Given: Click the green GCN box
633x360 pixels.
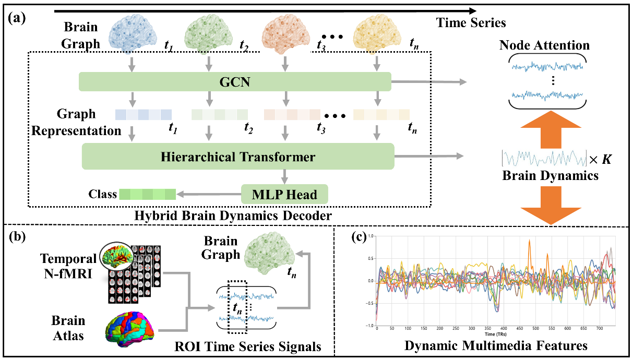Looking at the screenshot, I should (235, 82).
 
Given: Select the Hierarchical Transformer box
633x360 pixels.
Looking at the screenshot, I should (237, 157).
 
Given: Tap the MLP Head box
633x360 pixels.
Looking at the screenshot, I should (284, 194).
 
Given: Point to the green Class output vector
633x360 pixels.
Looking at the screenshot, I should (148, 195).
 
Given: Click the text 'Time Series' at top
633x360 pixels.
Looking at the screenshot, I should (471, 23).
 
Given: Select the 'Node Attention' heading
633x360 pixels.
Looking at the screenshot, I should (544, 45).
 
